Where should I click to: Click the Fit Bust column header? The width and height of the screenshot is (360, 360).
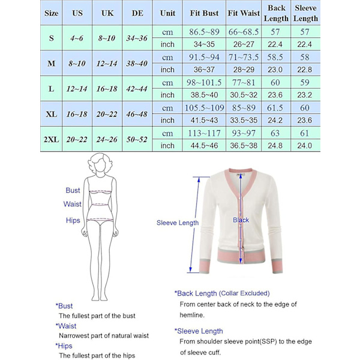coord(205,13)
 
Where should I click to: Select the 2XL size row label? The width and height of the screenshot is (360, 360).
coord(52,139)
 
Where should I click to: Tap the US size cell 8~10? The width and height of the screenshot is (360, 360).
coord(77,62)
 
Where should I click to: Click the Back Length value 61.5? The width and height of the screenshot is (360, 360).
coord(277,108)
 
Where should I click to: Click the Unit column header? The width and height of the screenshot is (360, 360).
coord(168,13)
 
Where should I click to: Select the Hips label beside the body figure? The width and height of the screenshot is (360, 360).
coord(73,221)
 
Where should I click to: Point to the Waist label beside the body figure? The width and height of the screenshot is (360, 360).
coord(73,205)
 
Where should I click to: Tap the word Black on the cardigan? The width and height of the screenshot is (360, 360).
coord(241,220)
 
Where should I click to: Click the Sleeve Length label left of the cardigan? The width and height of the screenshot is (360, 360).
coord(178,223)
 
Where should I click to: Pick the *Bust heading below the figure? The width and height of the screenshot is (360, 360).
coord(64,306)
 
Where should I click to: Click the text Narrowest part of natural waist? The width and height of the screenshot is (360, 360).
coord(103,335)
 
